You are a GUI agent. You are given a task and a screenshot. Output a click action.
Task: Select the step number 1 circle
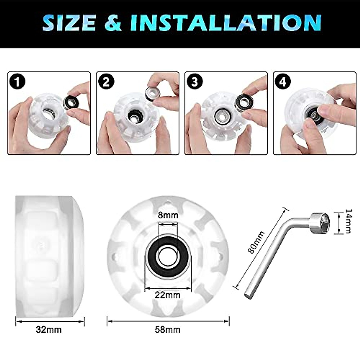[18, 82]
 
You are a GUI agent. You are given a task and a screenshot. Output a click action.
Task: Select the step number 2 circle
[106, 82]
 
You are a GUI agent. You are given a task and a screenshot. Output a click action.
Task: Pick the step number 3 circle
[195, 82]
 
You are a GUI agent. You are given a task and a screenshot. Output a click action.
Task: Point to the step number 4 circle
[283, 82]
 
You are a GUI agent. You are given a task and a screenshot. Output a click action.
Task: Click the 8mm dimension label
[168, 215]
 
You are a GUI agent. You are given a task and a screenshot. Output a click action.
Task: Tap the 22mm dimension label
[168, 295]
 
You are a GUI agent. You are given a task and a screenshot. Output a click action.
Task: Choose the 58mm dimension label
[168, 330]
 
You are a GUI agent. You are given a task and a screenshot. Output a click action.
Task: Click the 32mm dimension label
[49, 330]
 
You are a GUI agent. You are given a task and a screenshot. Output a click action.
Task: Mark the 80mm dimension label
[257, 242]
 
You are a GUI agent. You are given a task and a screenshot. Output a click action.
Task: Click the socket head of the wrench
[320, 221]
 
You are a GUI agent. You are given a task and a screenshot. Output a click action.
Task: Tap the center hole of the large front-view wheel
[168, 257]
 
